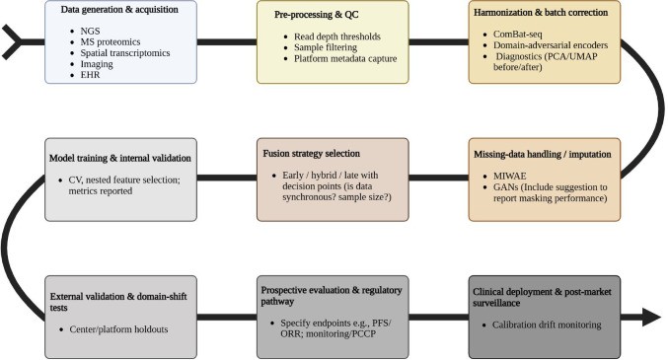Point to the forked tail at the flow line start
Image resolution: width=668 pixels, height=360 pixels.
pyautogui.click(x=9, y=42)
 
